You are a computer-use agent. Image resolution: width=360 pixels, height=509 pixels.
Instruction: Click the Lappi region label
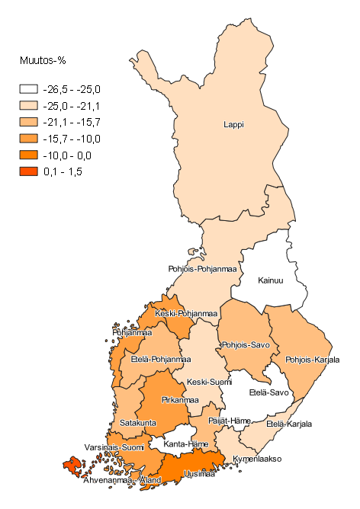click(233, 125)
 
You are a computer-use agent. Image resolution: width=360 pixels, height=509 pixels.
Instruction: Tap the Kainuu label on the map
click(270, 280)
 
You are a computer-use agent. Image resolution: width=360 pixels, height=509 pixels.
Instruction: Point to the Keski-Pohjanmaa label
click(186, 313)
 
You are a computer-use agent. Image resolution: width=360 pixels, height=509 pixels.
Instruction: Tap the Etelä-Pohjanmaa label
click(161, 359)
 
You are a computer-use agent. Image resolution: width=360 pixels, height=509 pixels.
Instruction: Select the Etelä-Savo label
click(269, 393)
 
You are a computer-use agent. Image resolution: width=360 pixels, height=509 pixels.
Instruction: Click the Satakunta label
click(138, 422)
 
